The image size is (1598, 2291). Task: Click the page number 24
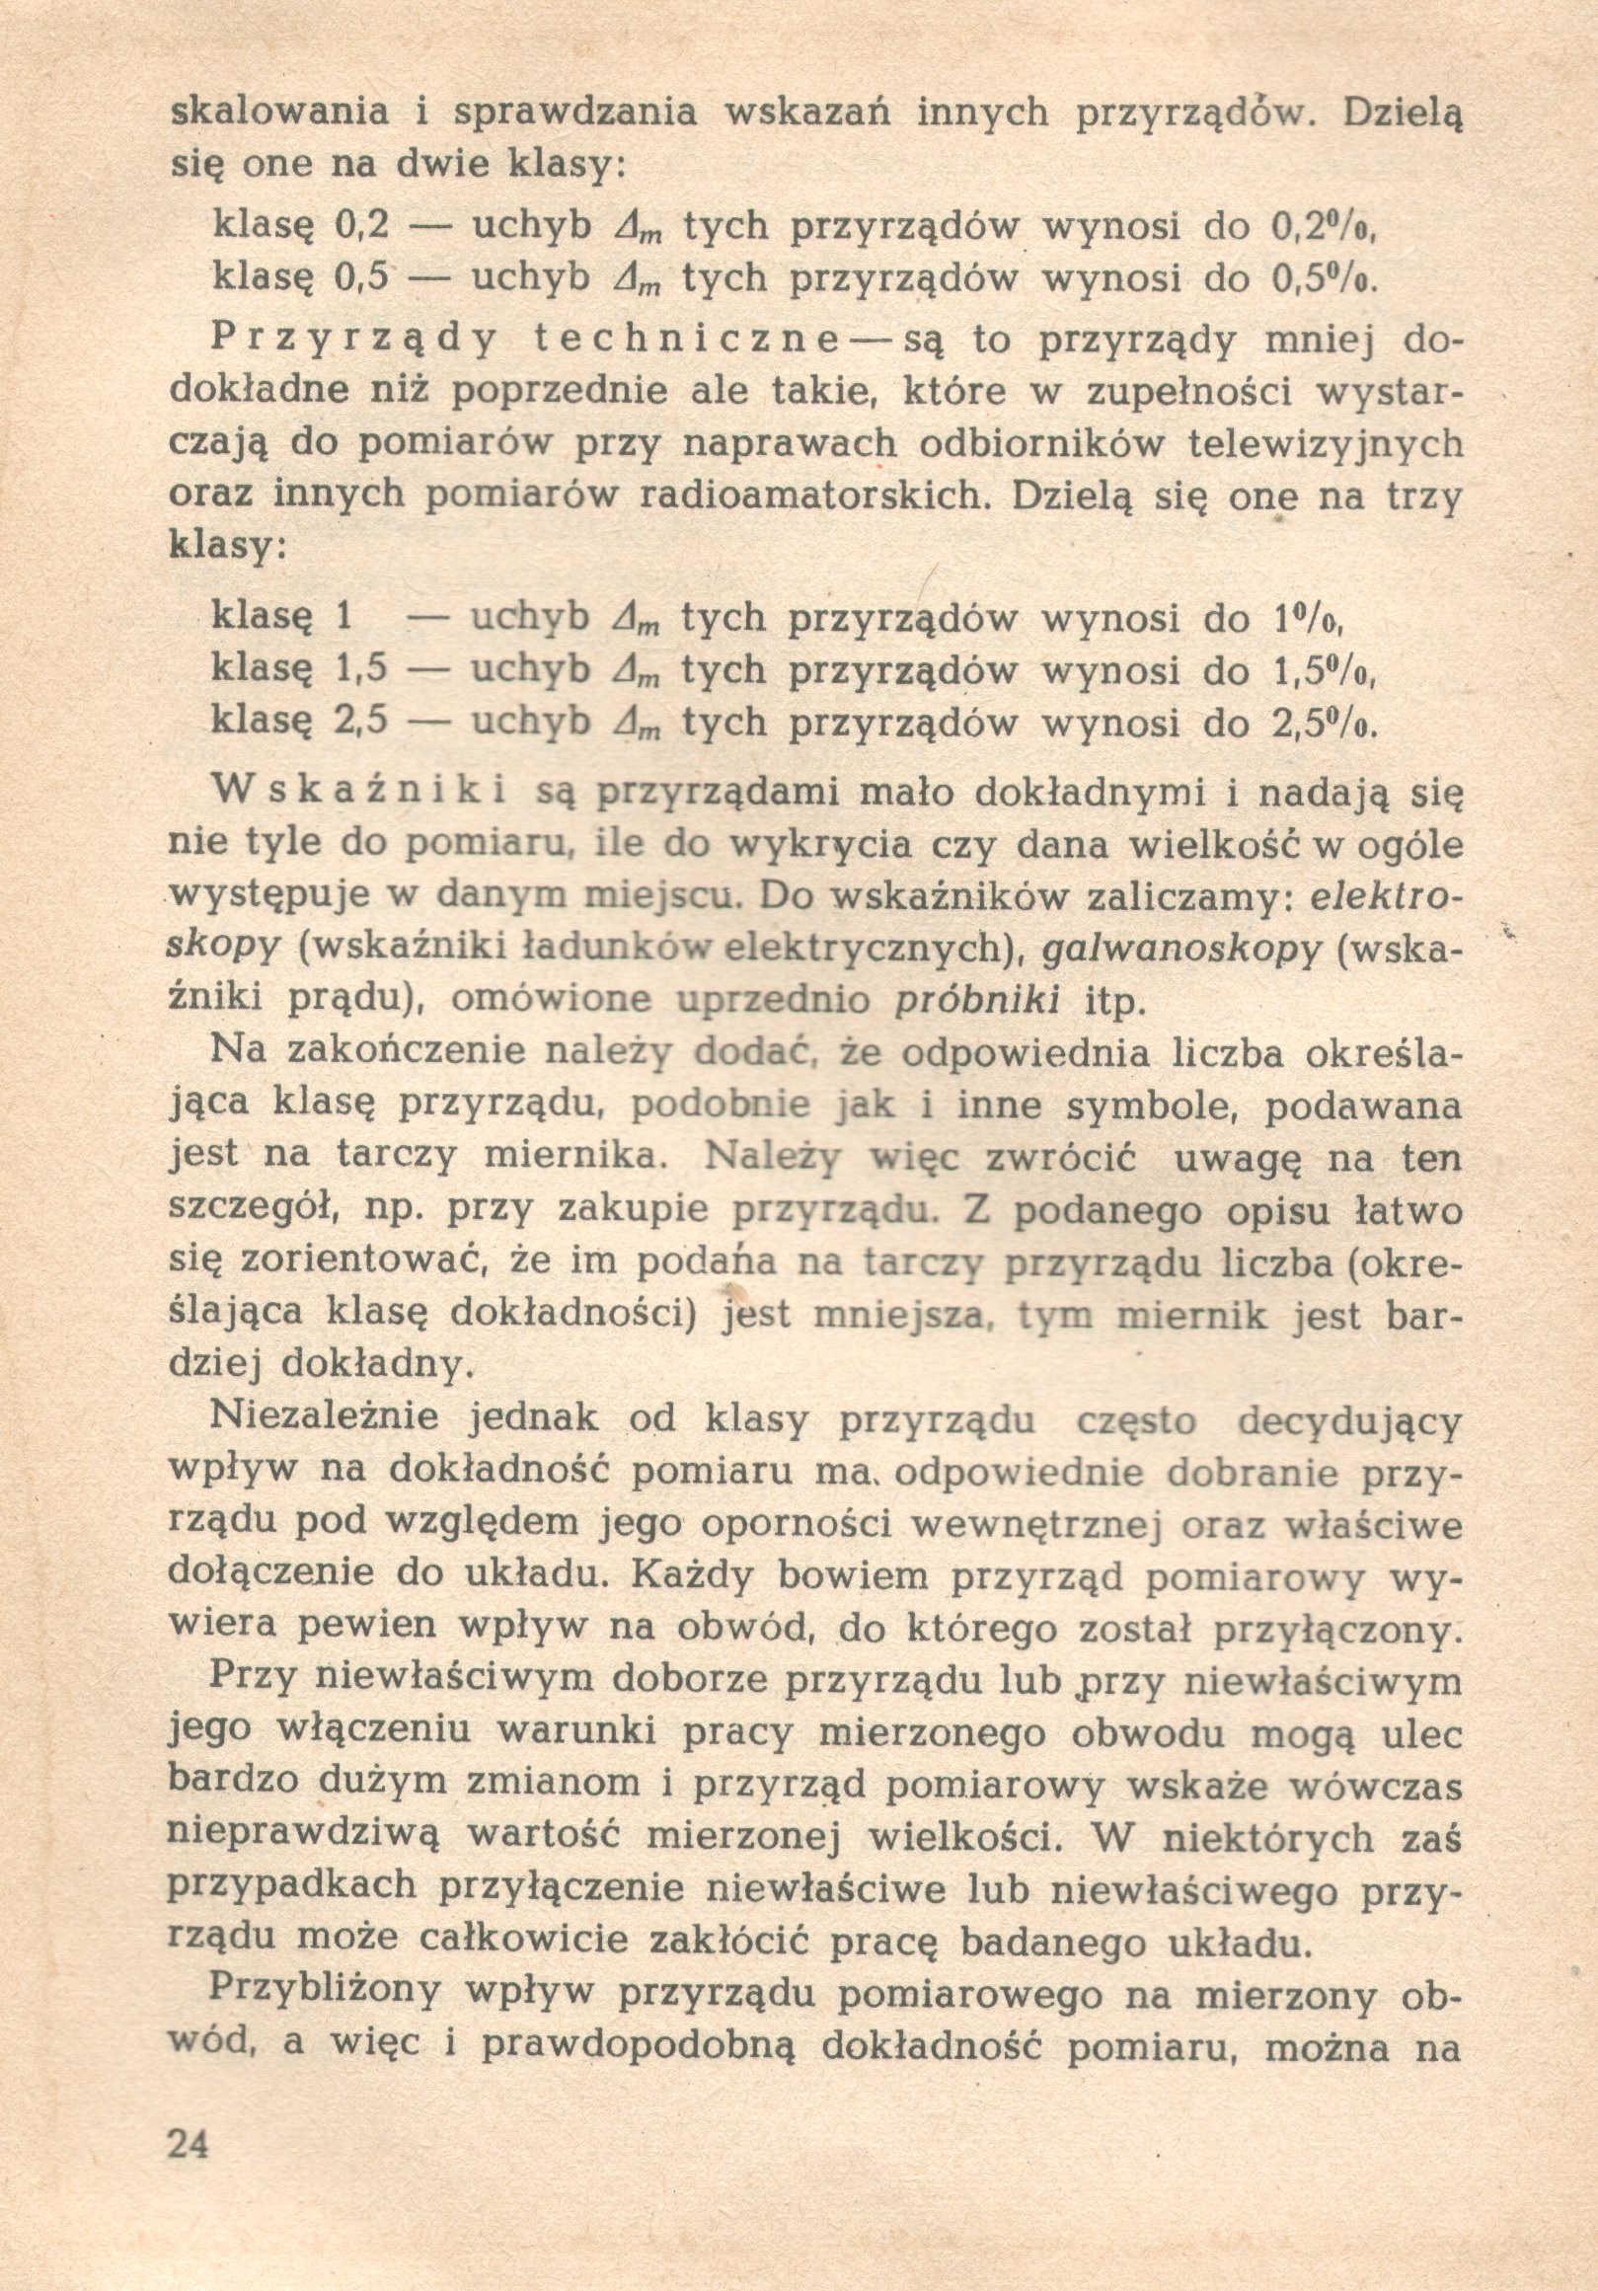[190, 2139]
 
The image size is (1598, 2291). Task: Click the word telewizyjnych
[1326, 443]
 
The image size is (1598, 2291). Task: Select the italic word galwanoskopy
[1181, 949]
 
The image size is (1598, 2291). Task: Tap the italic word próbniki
[978, 1001]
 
